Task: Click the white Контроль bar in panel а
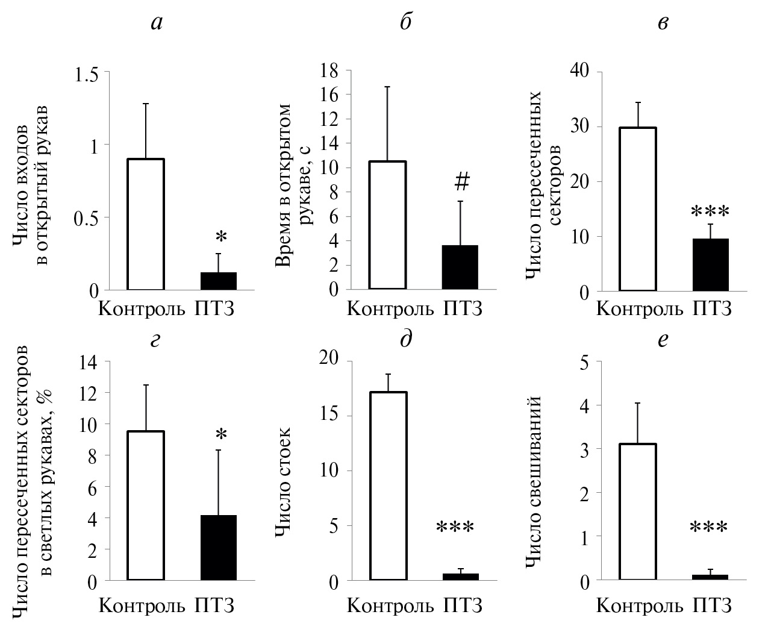coord(146,224)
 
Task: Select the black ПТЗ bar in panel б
coord(460,267)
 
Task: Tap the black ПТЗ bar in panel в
coord(711,265)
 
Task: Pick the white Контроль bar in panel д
coord(389,486)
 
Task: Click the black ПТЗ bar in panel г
coord(218,548)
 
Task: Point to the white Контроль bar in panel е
coord(638,511)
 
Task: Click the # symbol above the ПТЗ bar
coord(463,180)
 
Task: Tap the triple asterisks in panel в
coord(710,212)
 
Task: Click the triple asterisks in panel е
coord(709,528)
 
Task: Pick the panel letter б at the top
coord(406,22)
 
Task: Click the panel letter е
coord(663,339)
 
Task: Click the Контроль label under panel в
coord(640,309)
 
